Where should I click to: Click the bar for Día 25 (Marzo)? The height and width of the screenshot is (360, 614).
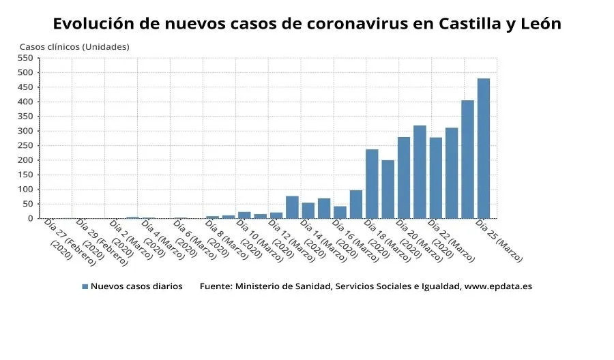click(x=483, y=149)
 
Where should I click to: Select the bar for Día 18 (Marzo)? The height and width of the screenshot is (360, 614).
click(x=372, y=184)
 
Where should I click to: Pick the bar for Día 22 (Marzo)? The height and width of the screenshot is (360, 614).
click(x=435, y=178)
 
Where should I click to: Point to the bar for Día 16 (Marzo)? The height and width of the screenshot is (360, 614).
click(x=340, y=212)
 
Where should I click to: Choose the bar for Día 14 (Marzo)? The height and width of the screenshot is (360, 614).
click(x=308, y=211)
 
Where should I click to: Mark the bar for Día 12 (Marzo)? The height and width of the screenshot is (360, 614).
click(x=276, y=215)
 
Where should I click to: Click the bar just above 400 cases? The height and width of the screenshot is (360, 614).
click(x=467, y=160)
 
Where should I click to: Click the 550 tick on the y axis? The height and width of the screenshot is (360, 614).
click(x=26, y=58)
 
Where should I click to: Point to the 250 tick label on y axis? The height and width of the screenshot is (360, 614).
click(x=26, y=146)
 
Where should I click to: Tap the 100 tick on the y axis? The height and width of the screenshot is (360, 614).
click(x=26, y=190)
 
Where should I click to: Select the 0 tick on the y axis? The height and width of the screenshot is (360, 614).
click(x=31, y=219)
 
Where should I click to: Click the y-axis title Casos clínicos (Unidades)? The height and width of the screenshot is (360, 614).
click(x=74, y=46)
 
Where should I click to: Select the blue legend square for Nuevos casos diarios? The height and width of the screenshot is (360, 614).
click(x=85, y=287)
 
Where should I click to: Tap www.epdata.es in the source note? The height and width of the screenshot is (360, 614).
click(x=497, y=287)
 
